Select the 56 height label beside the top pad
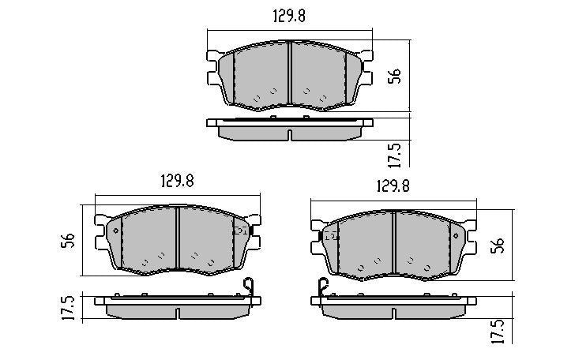[x=396, y=76]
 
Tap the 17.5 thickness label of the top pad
[x=396, y=153]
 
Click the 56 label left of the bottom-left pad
[x=69, y=239]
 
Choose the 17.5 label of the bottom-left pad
[x=69, y=306]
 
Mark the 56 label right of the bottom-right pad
[x=498, y=245]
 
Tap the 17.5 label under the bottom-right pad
[x=498, y=330]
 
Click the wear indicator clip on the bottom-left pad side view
[x=249, y=289]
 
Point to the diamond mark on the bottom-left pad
[x=115, y=230]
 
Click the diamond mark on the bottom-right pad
[x=455, y=235]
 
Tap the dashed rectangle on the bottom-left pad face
[x=239, y=231]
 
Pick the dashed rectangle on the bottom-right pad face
[x=332, y=236]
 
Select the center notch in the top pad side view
[x=290, y=133]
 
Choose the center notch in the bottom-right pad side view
[x=394, y=313]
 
